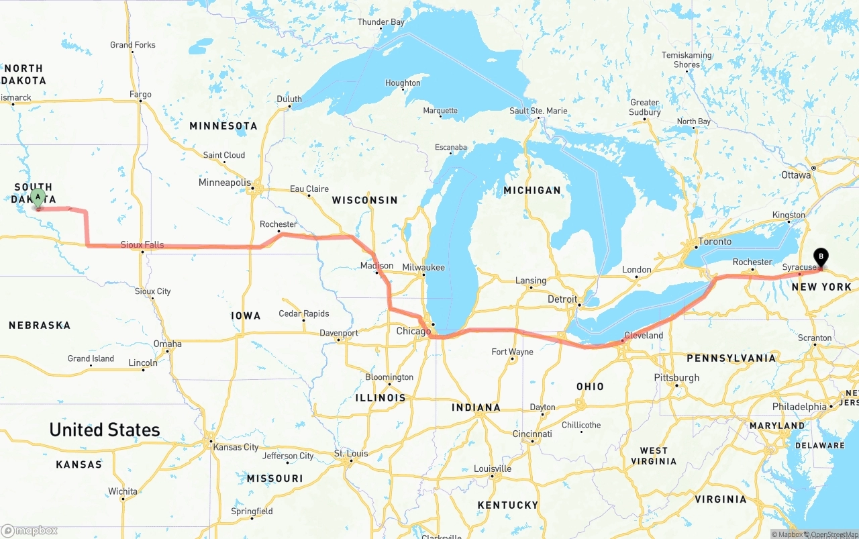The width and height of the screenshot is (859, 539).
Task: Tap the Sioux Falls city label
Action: click(142, 245)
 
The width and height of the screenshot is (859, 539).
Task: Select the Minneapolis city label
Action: click(224, 183)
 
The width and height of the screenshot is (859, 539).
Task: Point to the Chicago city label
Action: click(413, 332)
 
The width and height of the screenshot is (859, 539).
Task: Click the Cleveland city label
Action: click(643, 335)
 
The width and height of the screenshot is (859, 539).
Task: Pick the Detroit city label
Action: click(562, 299)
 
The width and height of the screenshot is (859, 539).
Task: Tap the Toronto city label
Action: click(714, 241)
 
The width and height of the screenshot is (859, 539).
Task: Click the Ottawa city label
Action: click(796, 175)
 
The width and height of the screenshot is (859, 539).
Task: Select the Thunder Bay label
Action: click(381, 22)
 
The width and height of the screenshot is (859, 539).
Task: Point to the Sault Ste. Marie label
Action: click(538, 111)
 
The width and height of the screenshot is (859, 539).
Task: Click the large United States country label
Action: click(105, 430)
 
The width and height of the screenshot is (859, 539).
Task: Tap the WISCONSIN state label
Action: click(364, 200)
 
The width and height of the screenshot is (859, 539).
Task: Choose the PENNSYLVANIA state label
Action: click(731, 358)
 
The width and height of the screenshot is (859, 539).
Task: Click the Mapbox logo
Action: click(30, 530)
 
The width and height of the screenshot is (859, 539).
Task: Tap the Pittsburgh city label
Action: click(676, 378)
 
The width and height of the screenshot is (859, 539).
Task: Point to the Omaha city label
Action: click(167, 344)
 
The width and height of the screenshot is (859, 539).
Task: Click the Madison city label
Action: click(376, 266)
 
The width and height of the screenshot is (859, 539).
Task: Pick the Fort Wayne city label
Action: click(512, 352)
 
